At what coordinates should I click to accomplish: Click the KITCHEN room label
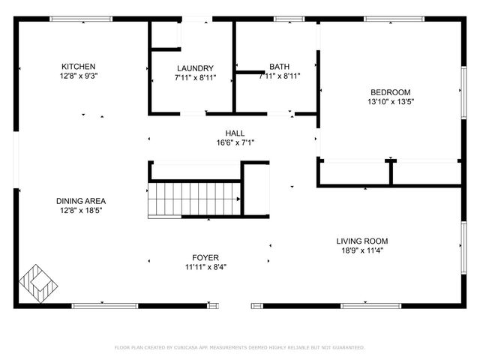tap(79, 67)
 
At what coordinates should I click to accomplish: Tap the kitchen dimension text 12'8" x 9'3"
tap(79, 76)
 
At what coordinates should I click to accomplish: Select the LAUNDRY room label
tap(195, 67)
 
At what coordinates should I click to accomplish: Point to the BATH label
tap(279, 67)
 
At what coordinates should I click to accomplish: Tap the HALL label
tap(235, 133)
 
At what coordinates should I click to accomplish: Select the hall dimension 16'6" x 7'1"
tap(235, 142)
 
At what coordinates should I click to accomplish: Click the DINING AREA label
tap(80, 201)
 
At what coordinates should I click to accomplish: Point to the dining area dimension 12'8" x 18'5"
tap(80, 211)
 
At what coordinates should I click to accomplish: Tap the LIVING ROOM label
tap(361, 241)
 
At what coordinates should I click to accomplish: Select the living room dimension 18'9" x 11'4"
tap(361, 250)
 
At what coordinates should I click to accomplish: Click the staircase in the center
tap(194, 199)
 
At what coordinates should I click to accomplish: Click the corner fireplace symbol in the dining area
tap(37, 284)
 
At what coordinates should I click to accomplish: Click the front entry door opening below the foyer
tap(235, 305)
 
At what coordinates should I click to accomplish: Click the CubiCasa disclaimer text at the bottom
tap(239, 347)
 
